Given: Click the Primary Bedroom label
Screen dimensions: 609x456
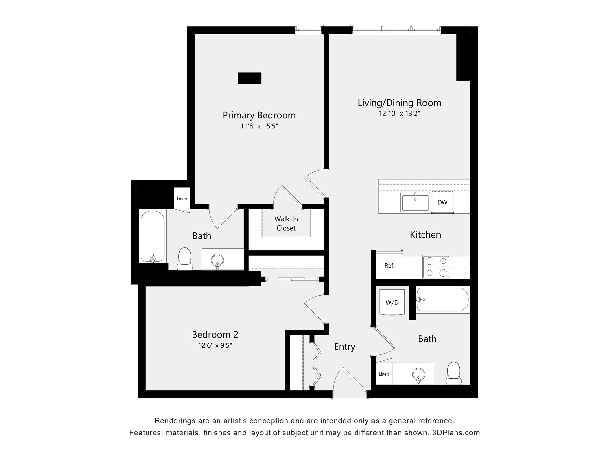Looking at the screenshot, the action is (259, 115).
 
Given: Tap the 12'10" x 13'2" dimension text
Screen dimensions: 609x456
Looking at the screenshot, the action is (399, 113).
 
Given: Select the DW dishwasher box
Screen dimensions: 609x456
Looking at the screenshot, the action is (442, 202).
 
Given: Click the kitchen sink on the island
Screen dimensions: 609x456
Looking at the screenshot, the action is (415, 202).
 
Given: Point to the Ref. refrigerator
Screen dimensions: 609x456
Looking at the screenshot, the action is (390, 265).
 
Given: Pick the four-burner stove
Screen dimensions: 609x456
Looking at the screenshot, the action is (436, 267).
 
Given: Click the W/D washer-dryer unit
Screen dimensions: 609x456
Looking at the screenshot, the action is (392, 302).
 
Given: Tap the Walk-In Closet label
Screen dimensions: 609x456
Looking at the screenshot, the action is (286, 223).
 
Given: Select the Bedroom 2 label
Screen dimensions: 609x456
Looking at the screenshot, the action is (215, 334).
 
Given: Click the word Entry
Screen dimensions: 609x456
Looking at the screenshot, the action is (345, 347).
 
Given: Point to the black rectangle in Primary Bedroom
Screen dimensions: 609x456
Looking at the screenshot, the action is (250, 78).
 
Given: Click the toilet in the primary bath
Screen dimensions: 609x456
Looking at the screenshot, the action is (185, 259).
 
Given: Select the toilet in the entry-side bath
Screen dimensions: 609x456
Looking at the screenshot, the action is (454, 373).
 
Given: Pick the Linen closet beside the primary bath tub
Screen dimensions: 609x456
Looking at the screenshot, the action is (182, 198).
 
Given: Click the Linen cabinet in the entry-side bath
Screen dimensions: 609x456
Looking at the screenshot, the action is (384, 374).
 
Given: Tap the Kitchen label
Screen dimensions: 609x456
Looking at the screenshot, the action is (425, 235).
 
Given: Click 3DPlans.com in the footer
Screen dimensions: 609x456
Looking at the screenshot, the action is (456, 433).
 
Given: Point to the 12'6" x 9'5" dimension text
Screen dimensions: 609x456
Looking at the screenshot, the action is (215, 345).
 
